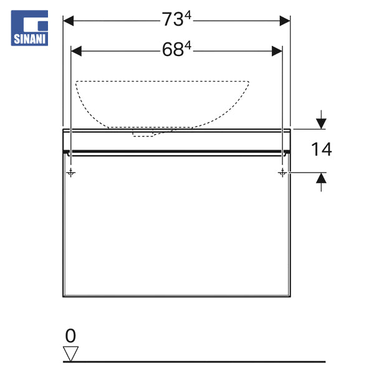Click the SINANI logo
tap(29, 28)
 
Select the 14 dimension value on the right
tap(322, 150)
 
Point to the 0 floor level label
tap(70, 336)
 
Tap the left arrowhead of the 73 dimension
tap(68, 21)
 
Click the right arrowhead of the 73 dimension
tap(285, 21)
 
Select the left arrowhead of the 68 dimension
tap(76, 51)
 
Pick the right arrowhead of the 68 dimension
tap(277, 51)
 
